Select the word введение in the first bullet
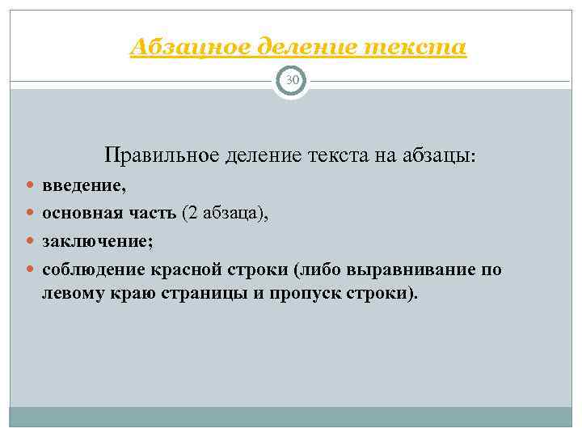pos(82,187)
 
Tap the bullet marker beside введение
pos(31,188)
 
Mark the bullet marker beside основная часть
pos(31,214)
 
